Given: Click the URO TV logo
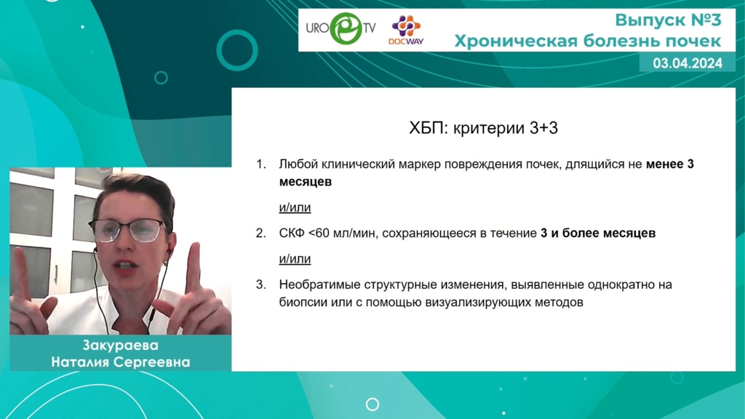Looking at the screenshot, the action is point(340,28).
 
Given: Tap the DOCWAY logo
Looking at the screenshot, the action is point(406,30).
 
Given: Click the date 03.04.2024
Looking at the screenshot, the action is point(688,63).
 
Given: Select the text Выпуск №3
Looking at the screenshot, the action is point(668,20).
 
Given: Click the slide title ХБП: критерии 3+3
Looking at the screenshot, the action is point(483,128).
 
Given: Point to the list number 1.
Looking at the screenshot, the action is point(261,164).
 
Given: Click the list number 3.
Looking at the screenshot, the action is point(261,284).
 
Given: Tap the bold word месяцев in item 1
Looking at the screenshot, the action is point(305,182).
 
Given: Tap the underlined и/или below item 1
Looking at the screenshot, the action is point(295,207).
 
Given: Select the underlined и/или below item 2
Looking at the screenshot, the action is point(295,259).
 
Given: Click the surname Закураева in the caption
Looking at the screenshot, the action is point(120,346).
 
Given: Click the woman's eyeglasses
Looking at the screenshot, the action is point(127,231).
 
